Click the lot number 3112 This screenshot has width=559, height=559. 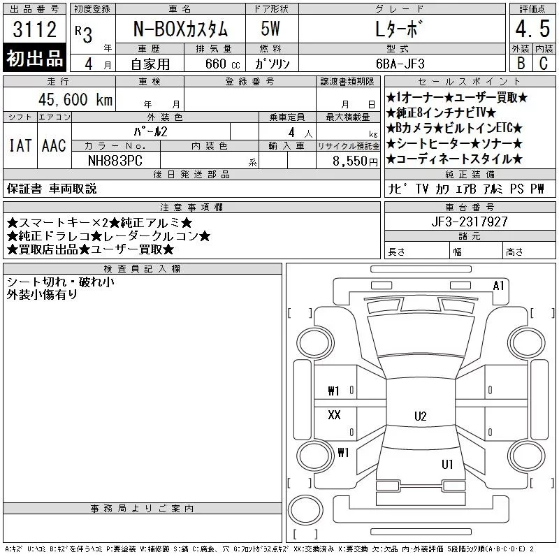click(34, 29)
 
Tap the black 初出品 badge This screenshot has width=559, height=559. click(34, 58)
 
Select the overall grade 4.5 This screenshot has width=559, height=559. click(532, 29)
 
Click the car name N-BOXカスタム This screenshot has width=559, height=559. click(180, 29)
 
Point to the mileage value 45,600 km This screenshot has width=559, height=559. click(75, 99)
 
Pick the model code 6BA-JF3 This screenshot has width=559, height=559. click(400, 64)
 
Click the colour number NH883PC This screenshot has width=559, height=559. click(115, 161)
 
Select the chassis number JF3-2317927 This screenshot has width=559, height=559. click(470, 222)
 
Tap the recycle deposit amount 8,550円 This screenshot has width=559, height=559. click(355, 161)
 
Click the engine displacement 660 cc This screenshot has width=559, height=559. click(222, 64)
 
